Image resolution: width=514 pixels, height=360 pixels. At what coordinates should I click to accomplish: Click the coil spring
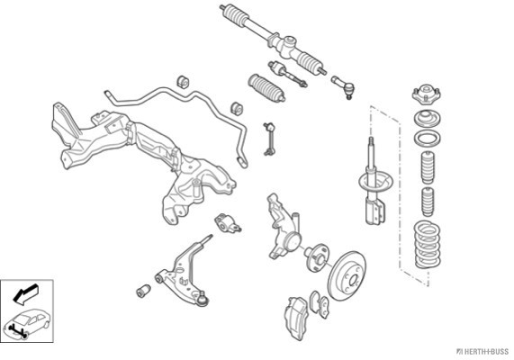click(427, 244)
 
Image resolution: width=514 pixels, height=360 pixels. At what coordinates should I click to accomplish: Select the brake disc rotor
click(347, 275)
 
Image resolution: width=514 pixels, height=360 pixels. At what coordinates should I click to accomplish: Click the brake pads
click(320, 304)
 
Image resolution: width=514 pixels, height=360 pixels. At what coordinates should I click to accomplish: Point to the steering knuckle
click(284, 226)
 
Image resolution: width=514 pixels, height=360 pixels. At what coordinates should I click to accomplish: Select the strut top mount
click(426, 94)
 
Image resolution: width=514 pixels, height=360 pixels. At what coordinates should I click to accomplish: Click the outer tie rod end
click(343, 86)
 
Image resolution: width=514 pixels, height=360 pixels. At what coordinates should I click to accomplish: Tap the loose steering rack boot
click(266, 87)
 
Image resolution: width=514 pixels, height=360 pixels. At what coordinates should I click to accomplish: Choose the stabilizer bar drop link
click(268, 139)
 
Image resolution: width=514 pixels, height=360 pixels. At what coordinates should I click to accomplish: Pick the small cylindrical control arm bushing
click(143, 291)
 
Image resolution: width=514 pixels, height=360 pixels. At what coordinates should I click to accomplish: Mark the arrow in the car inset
click(25, 293)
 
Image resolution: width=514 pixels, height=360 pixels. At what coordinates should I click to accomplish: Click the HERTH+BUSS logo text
click(482, 352)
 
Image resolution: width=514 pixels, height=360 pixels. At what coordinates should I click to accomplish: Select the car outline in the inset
click(27, 323)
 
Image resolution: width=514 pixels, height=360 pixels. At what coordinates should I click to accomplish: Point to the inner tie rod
click(287, 74)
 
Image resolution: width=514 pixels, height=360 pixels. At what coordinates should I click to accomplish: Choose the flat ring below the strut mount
click(427, 138)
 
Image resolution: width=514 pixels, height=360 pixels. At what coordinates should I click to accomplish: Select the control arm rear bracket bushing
click(228, 223)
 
